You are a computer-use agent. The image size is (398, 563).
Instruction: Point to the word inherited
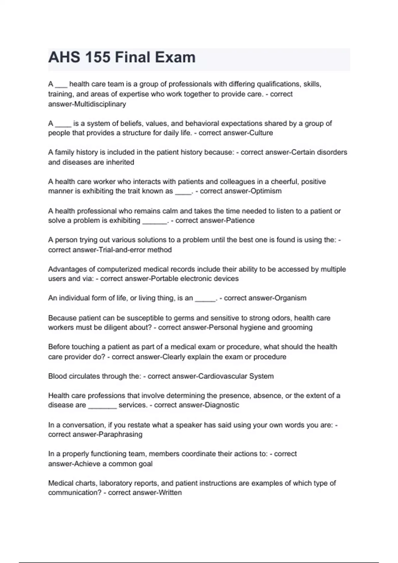pyautogui.click(x=120, y=162)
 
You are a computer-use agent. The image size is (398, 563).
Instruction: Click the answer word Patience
pyautogui.click(x=240, y=221)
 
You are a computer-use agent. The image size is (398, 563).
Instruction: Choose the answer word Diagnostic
pyautogui.click(x=222, y=405)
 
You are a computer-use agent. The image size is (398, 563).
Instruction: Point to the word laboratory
pyautogui.click(x=118, y=483)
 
